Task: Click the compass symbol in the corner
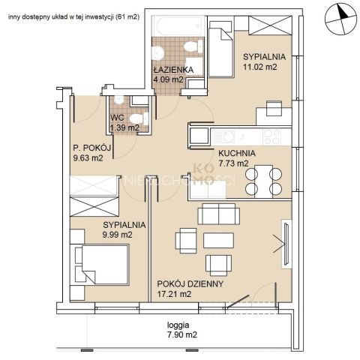point(340,19)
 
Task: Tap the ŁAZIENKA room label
point(173,70)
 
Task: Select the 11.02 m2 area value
point(260,67)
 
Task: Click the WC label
point(117,118)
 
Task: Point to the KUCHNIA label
point(237,153)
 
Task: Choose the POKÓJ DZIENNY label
point(190,283)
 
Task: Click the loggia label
point(178,325)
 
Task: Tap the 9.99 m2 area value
point(117,235)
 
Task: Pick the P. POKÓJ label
point(91,148)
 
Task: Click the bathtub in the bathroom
point(178,26)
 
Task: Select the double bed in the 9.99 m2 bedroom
point(102,265)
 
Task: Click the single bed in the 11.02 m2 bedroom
point(221,49)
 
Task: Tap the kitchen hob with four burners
point(272,137)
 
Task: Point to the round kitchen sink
point(227,137)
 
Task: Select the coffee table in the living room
point(218,240)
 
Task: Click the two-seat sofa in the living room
point(219,214)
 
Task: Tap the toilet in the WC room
point(139,118)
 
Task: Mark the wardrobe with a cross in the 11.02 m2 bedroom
point(270,25)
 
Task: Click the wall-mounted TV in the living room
point(286,244)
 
